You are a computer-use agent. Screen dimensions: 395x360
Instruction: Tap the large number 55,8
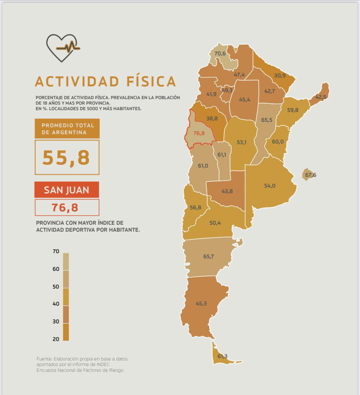point(67,158)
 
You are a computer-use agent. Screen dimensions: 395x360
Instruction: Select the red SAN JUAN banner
point(67,190)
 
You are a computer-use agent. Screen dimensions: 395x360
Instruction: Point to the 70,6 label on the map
point(220,53)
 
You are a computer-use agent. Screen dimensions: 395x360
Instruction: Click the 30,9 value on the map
point(280,76)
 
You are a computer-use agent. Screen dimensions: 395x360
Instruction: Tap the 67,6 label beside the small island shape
point(310,175)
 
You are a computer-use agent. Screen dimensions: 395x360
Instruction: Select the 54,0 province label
point(270,186)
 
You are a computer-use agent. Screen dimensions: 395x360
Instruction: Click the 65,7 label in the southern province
point(208,257)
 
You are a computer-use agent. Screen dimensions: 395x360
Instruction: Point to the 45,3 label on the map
point(201,303)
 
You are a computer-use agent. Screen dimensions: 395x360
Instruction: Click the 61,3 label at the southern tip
point(222,356)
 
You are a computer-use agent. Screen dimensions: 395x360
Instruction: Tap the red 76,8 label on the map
point(199,133)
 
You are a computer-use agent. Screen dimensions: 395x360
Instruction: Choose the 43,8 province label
point(227,191)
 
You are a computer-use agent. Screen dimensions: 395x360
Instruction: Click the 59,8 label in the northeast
point(292,110)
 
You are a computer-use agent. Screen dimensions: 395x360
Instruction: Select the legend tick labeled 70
point(56,252)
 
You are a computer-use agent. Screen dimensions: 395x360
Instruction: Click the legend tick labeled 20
point(56,339)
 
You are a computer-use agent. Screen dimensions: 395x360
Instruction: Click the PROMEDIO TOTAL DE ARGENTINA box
point(67,129)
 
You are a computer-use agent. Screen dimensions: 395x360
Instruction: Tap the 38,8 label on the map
point(212,119)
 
